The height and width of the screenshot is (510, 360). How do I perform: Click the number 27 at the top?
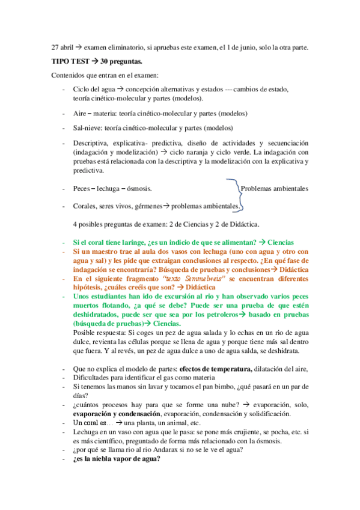click(x=55, y=48)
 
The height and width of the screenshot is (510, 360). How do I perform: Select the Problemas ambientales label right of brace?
click(x=274, y=188)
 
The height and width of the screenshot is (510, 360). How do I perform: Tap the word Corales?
click(x=86, y=206)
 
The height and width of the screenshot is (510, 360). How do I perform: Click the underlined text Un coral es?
click(x=94, y=423)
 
